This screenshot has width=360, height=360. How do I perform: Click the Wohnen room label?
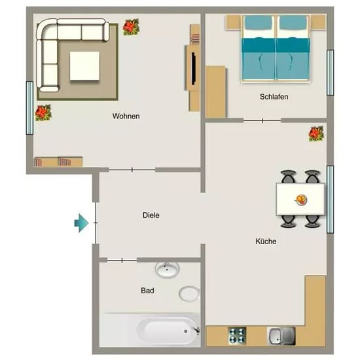coord(126,116)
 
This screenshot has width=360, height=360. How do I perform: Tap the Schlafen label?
coord(274,97)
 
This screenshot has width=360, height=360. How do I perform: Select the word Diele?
coord(151,215)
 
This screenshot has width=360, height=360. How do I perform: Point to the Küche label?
coord(266,242)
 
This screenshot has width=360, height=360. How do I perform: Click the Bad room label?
coord(147,291)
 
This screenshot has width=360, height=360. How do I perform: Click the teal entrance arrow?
coord(81,223)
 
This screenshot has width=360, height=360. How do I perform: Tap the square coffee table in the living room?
coord(84,66)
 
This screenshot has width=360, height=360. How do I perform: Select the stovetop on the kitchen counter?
coord(237,336)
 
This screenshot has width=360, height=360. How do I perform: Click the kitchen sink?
coord(281,336)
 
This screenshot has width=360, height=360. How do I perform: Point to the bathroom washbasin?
coord(167,270)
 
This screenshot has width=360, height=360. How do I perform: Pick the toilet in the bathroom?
coord(189,293)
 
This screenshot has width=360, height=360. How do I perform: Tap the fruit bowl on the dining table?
coord(301,199)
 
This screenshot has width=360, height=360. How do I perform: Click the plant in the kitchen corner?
coord(316,134)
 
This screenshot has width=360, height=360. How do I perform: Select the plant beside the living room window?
coord(43,113)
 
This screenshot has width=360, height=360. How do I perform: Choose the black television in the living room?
coord(193,69)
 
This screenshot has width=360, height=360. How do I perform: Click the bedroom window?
coord(330,73)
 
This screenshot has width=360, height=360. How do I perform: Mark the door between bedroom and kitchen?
coord(262,120)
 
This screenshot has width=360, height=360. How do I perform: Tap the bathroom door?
coord(122,261)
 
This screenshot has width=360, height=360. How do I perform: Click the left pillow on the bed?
coord(259,23)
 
